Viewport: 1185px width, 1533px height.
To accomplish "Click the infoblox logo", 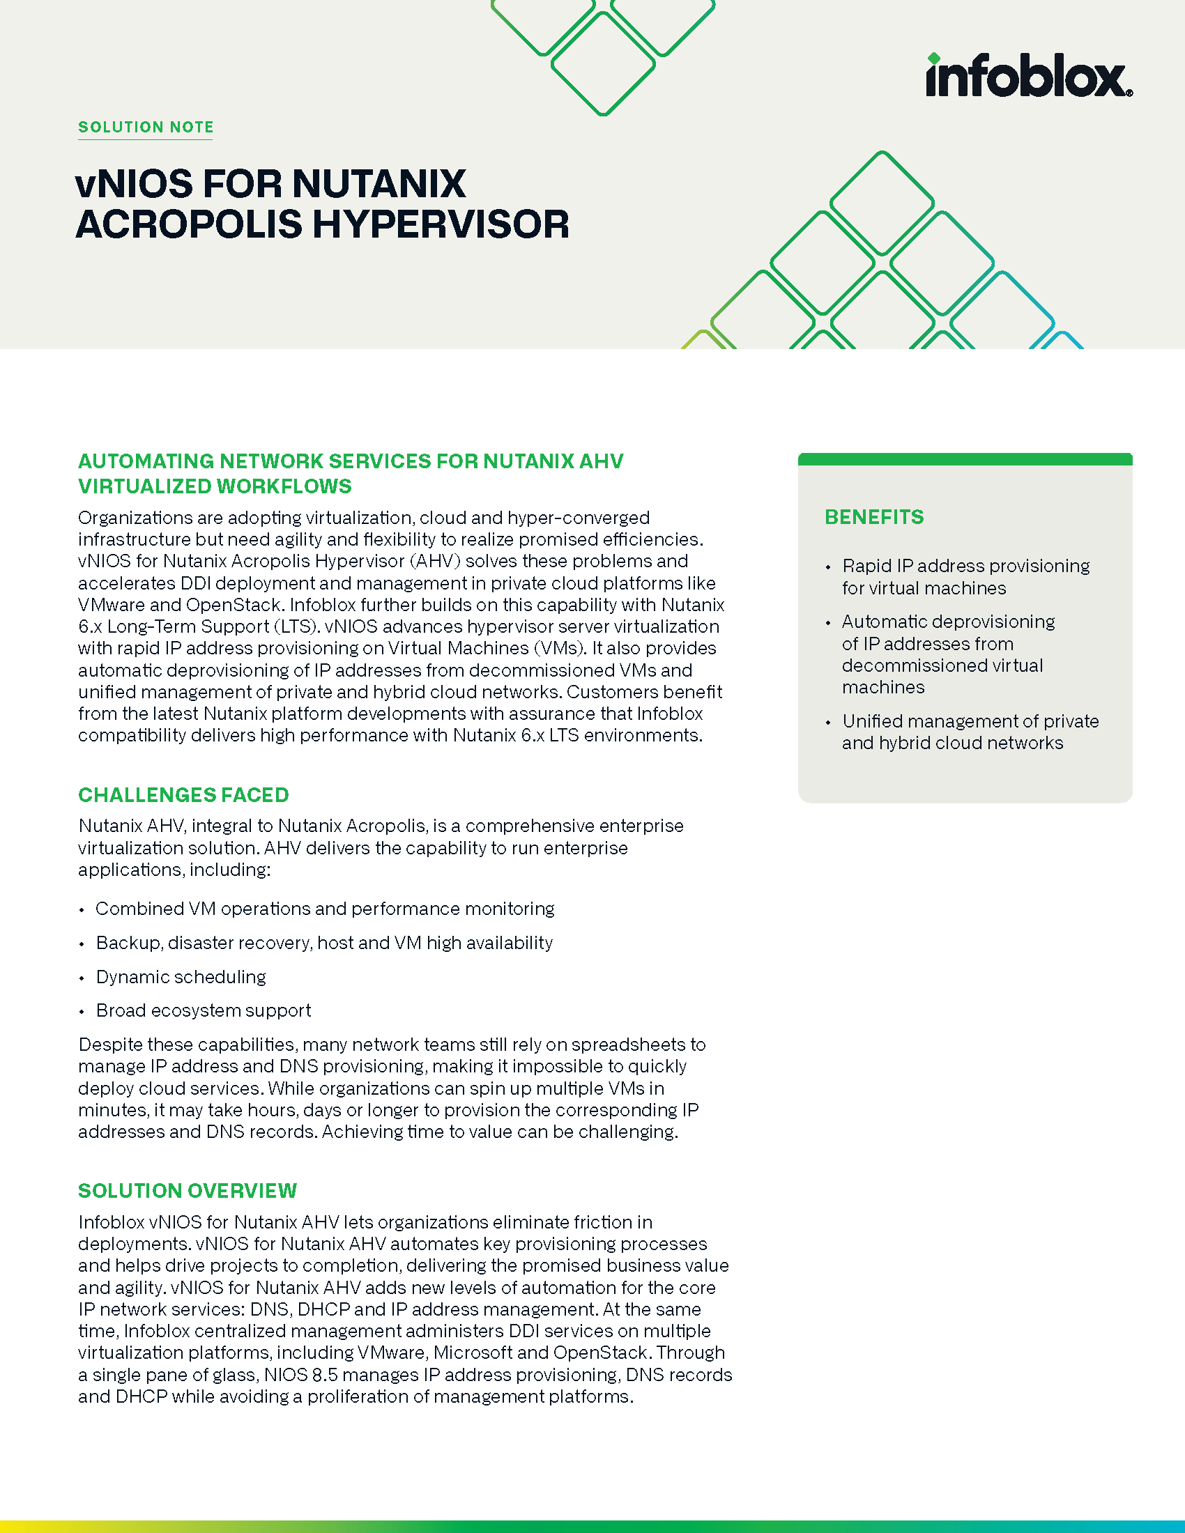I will coord(1027,77).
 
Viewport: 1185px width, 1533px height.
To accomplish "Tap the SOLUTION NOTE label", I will coord(145,127).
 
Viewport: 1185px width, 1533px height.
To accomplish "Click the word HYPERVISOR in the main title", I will coord(441,224).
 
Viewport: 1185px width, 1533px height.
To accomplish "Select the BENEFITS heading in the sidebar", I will coord(874,516).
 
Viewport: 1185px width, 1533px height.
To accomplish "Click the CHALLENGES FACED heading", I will coord(183,794).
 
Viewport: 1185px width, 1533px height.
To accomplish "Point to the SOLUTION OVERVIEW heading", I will coord(188,1190).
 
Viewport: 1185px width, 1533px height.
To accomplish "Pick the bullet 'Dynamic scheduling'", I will coord(181,976).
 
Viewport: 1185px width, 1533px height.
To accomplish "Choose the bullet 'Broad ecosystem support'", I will coord(204,1010).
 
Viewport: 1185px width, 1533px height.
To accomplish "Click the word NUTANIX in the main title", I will coord(379,184).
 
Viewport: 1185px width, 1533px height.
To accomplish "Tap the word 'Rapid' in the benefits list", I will coord(867,566).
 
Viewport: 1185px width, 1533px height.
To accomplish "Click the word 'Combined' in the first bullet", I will coord(130,908).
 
